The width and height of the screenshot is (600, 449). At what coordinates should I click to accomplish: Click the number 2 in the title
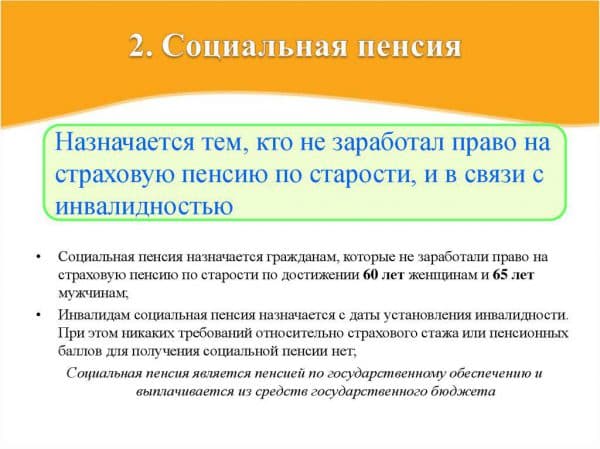click(136, 46)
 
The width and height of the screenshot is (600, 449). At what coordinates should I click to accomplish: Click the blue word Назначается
click(125, 143)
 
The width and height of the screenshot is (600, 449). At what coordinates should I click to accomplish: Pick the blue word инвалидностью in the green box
click(144, 206)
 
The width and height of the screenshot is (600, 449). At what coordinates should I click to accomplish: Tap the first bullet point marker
click(38, 257)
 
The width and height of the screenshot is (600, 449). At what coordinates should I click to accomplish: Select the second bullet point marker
click(38, 315)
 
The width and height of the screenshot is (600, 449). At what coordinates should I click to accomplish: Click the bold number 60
click(370, 275)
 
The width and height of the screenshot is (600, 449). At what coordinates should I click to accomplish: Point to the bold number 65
click(499, 275)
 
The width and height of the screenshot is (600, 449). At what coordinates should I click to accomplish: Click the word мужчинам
click(93, 294)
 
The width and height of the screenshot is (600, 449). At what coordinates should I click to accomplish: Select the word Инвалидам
click(95, 315)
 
